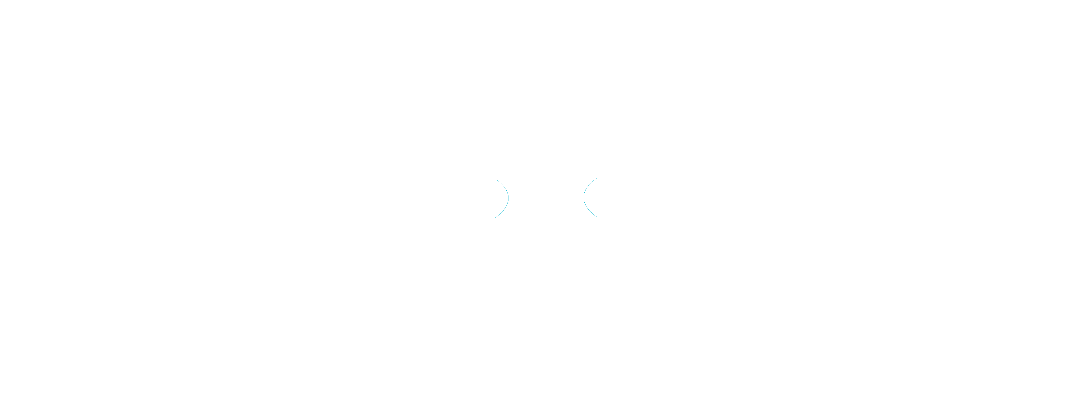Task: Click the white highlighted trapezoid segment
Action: click(408, 201)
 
